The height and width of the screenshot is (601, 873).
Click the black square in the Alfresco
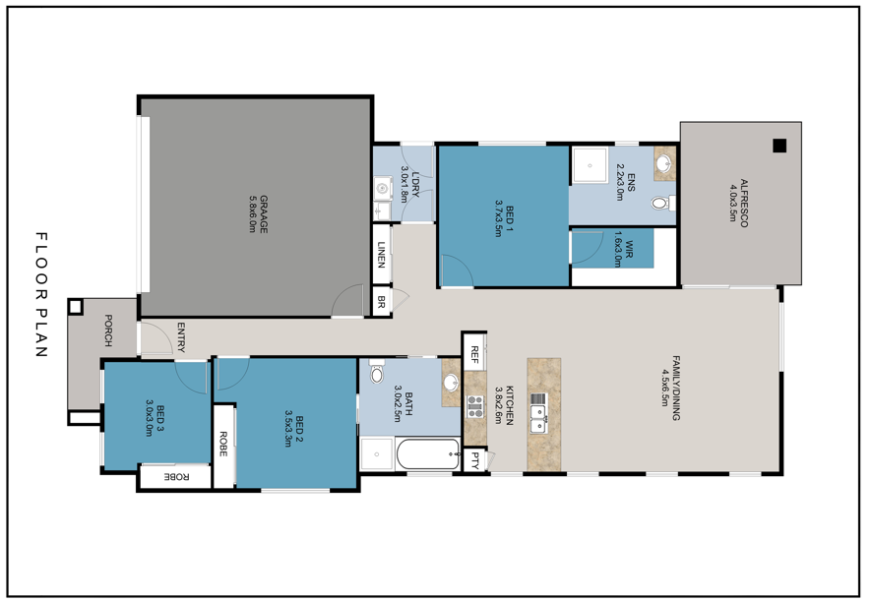click(x=779, y=147)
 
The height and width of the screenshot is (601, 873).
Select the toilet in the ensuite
click(x=662, y=204)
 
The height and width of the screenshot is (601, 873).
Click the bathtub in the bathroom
click(x=427, y=453)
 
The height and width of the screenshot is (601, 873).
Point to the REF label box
click(x=474, y=351)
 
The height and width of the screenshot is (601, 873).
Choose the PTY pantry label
click(x=474, y=458)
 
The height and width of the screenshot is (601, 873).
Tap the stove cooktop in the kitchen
click(x=474, y=406)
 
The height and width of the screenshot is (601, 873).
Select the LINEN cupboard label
click(x=381, y=257)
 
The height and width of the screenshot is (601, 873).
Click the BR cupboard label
click(x=381, y=301)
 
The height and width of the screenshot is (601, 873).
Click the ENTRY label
click(x=180, y=337)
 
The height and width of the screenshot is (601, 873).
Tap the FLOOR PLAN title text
click(x=41, y=295)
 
